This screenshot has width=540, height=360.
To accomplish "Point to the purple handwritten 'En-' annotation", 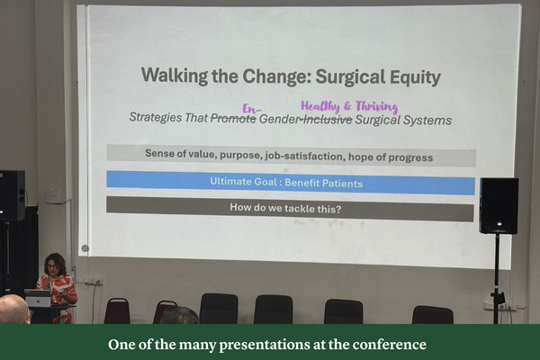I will [x=252, y=105].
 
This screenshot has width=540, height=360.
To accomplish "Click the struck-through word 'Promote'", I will [x=233, y=119].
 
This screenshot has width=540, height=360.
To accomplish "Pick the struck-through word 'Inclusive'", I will [x=327, y=119].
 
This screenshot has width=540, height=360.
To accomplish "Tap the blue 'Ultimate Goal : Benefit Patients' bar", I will [x=290, y=183].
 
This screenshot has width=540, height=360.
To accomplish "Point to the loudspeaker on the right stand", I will [x=498, y=205].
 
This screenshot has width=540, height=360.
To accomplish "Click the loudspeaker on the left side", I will [x=12, y=195].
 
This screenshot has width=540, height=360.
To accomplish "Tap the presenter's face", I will [x=54, y=265].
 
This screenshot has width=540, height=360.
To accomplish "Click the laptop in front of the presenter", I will [x=38, y=298].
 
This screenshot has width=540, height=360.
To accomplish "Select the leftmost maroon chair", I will [x=117, y=310].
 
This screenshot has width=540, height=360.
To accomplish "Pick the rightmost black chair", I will [x=433, y=314].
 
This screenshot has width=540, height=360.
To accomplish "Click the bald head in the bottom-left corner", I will [x=13, y=309].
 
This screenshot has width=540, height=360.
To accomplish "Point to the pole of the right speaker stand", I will [x=496, y=274].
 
